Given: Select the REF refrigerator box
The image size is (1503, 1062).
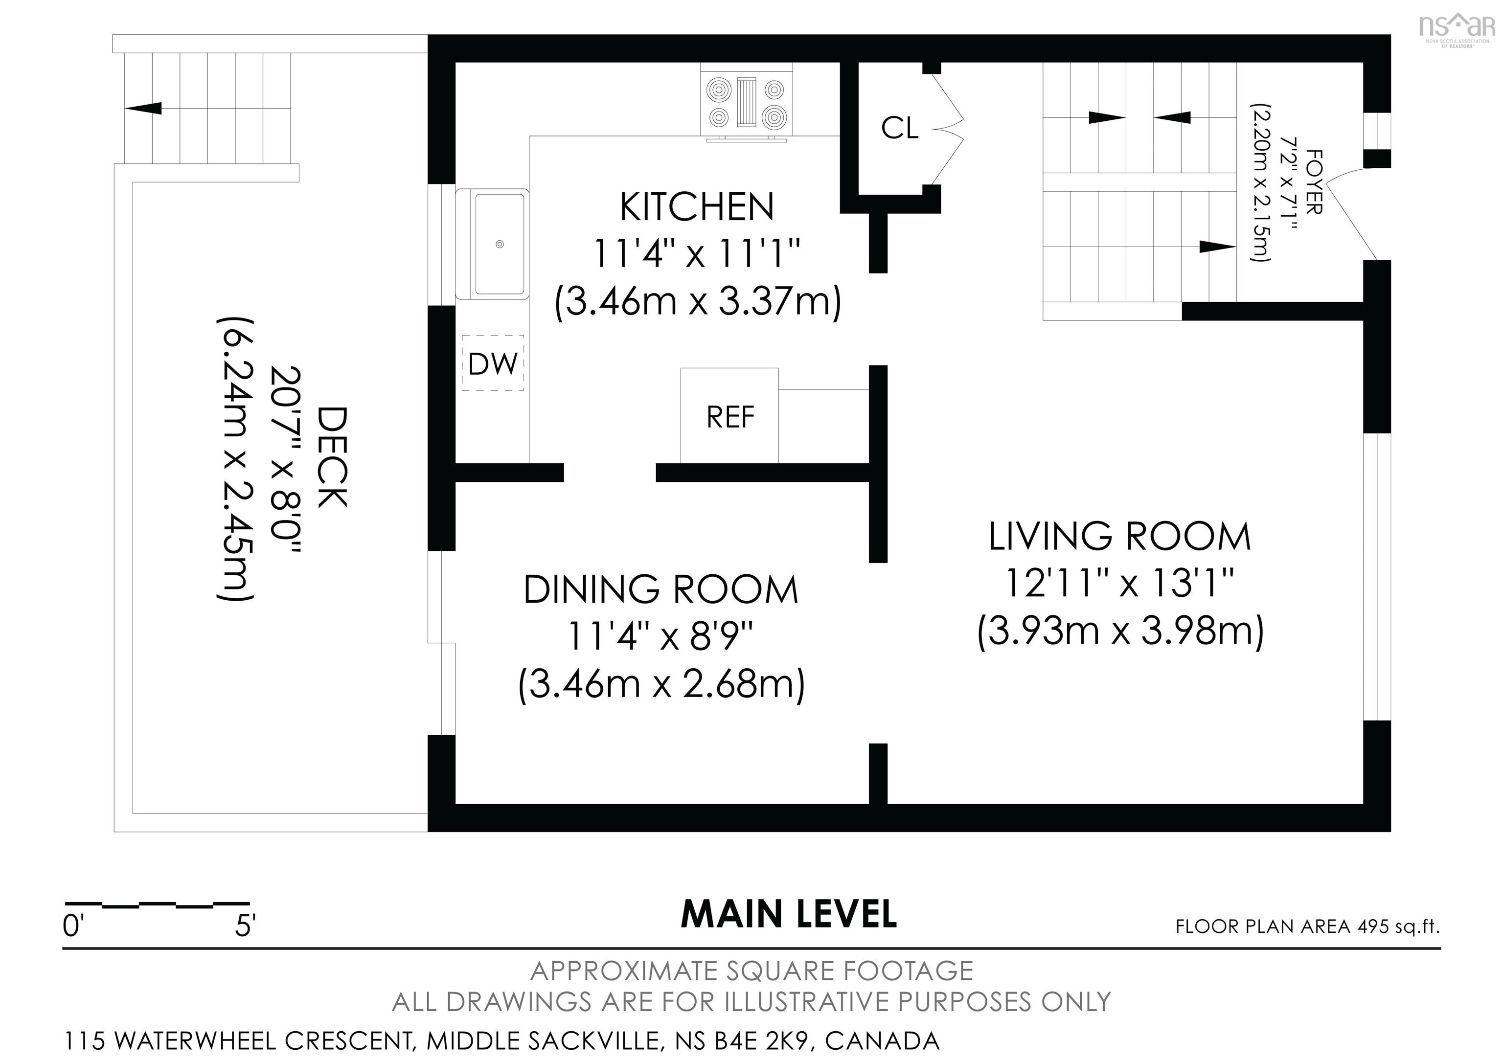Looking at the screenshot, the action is [x=730, y=415].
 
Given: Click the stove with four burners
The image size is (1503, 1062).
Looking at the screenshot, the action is [x=747, y=105].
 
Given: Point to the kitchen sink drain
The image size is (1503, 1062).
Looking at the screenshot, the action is [x=500, y=244].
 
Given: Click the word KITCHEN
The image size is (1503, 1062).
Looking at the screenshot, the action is [x=697, y=207].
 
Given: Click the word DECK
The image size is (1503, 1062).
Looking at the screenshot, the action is [x=332, y=457].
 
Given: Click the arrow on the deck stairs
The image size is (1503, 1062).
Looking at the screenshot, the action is [x=143, y=108].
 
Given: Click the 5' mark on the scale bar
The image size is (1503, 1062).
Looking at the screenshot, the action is [x=245, y=926].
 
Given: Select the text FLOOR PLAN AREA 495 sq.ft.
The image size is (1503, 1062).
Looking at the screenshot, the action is [x=1308, y=926].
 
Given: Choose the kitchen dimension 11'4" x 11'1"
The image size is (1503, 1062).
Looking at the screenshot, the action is [x=697, y=254].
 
